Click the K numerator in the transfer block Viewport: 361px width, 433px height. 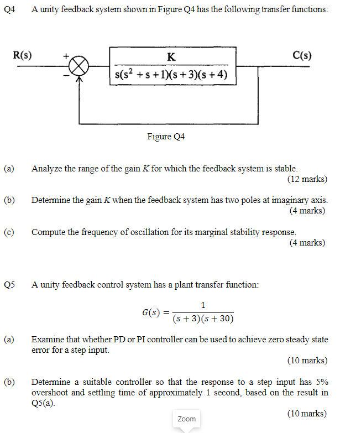click(171, 56)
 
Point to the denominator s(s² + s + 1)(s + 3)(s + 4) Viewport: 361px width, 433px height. click(172, 75)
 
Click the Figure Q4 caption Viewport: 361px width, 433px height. click(165, 136)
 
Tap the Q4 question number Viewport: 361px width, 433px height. click(8, 11)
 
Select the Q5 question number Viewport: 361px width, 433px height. click(8, 285)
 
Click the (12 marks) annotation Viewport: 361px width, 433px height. click(307, 179)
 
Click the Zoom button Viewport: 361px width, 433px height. click(186, 419)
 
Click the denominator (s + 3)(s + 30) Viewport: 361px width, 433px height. click(203, 319)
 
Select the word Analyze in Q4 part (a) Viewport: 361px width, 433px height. click(47, 168)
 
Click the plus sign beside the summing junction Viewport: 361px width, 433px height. click(65, 55)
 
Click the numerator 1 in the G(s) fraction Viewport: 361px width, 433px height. click(203, 305)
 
